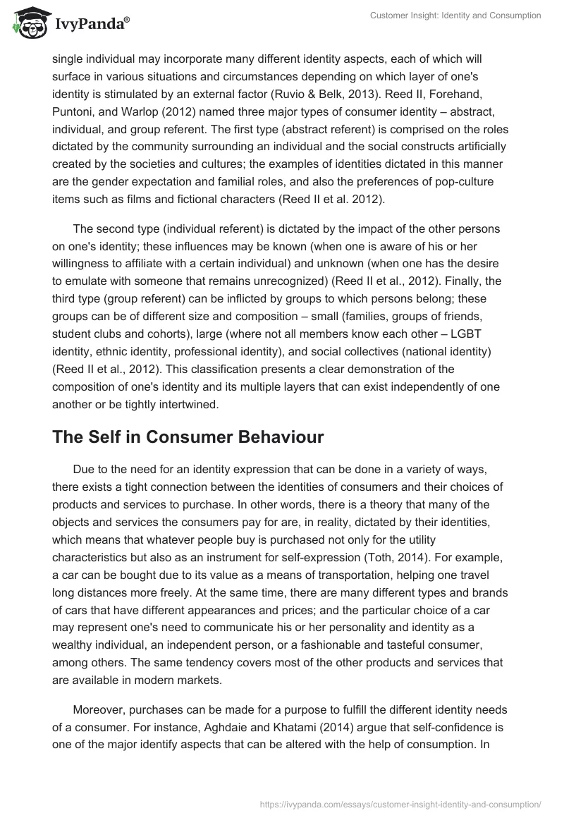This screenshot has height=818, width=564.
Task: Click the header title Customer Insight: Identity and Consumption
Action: point(458,16)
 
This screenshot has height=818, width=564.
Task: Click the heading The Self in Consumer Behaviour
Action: point(188,437)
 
